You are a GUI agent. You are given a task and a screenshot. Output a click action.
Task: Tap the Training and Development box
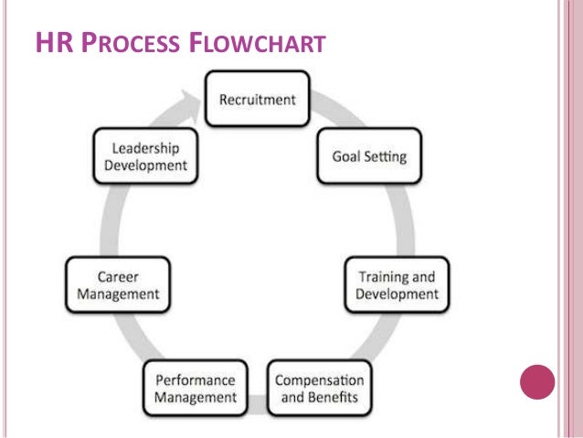pyautogui.click(x=395, y=284)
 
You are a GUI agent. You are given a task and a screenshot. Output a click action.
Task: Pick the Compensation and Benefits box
pyautogui.click(x=320, y=389)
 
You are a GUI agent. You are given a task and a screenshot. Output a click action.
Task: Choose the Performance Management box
pyautogui.click(x=196, y=389)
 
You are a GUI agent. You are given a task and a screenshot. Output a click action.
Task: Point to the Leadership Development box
pyautogui.click(x=146, y=155)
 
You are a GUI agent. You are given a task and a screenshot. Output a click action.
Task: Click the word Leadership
pyautogui.click(x=146, y=147)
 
